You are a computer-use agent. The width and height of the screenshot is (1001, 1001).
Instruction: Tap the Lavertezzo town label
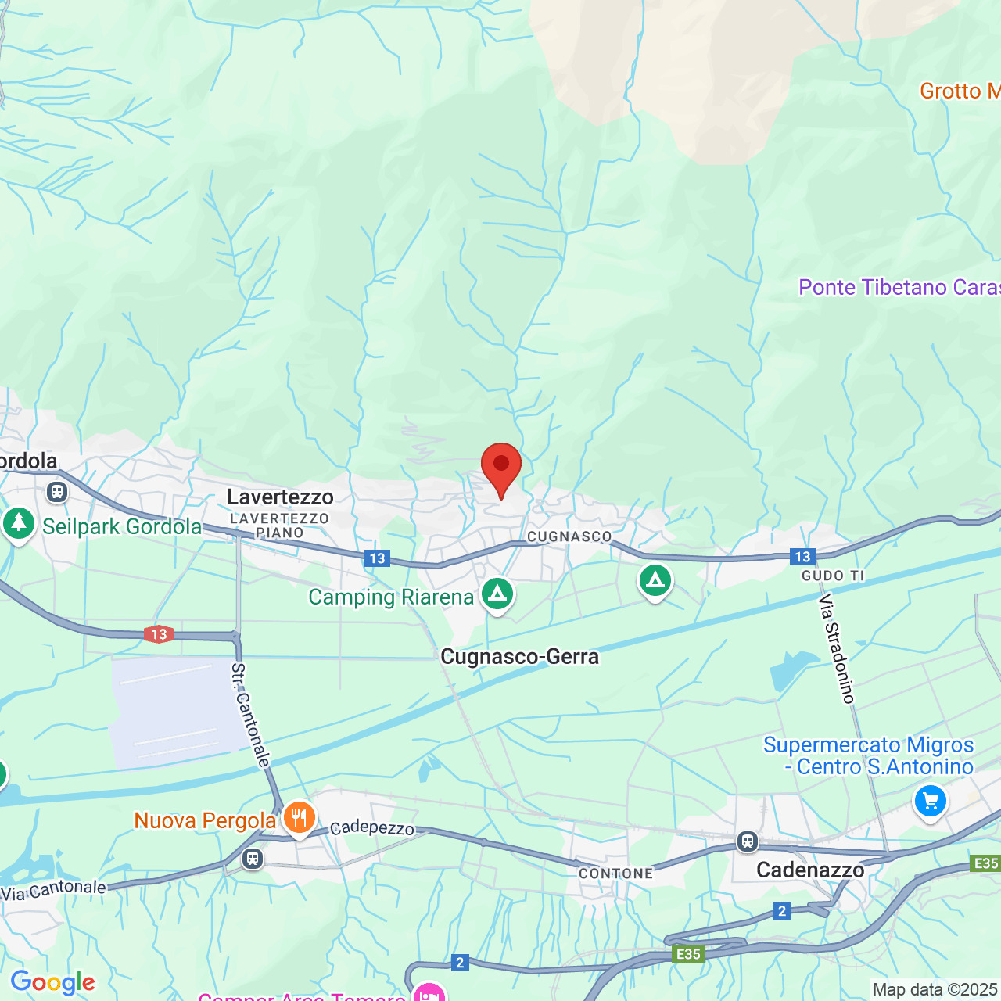(x=280, y=497)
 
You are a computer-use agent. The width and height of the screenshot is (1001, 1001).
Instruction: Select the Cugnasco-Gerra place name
(x=519, y=657)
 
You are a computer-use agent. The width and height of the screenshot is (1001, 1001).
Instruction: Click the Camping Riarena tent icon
(x=497, y=594)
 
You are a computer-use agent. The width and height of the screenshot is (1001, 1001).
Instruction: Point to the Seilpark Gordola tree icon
(x=18, y=523)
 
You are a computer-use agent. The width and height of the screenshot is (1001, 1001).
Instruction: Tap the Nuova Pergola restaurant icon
(x=299, y=818)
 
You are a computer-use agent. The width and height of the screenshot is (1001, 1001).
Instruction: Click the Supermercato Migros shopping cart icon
(x=930, y=802)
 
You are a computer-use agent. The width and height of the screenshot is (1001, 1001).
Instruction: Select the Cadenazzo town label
(x=810, y=870)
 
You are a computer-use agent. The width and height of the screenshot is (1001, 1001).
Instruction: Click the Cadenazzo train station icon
(x=748, y=841)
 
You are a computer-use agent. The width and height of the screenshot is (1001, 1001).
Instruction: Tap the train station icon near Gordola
(x=56, y=492)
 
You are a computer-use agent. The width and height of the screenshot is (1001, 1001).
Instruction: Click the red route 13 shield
(x=159, y=634)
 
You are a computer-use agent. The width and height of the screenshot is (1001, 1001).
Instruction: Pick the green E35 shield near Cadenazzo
(x=688, y=954)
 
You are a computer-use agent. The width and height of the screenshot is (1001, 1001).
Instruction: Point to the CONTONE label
(x=615, y=874)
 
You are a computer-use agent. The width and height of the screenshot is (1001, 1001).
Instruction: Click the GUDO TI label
(x=833, y=576)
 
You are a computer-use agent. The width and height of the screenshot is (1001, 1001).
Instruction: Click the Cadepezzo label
(x=371, y=828)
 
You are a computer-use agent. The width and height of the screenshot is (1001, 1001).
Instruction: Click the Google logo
(x=52, y=982)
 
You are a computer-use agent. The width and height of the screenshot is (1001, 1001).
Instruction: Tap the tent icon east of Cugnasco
(x=655, y=580)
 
